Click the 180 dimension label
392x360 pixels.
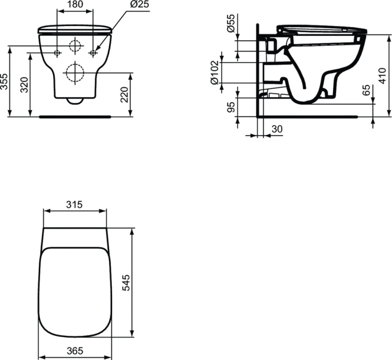pyautogui.click(x=75, y=4)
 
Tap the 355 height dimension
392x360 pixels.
pyautogui.click(x=5, y=81)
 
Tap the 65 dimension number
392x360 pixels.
pyautogui.click(x=366, y=90)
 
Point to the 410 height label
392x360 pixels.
pyautogui.click(x=383, y=75)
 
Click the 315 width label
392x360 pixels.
pyautogui.click(x=75, y=205)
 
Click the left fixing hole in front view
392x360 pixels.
pyautogui.click(x=57, y=53)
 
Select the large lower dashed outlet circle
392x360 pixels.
pyautogui.click(x=75, y=73)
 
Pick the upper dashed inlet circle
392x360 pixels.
pyautogui.click(x=75, y=46)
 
